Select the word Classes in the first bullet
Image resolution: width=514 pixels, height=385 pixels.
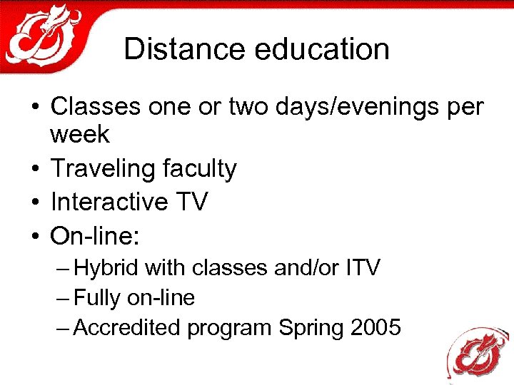(96, 107)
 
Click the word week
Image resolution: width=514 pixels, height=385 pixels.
(80, 133)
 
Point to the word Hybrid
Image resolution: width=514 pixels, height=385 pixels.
(107, 268)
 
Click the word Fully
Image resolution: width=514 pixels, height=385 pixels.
(97, 298)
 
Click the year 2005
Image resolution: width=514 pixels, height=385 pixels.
(376, 327)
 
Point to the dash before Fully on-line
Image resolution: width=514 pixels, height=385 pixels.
(63, 298)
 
